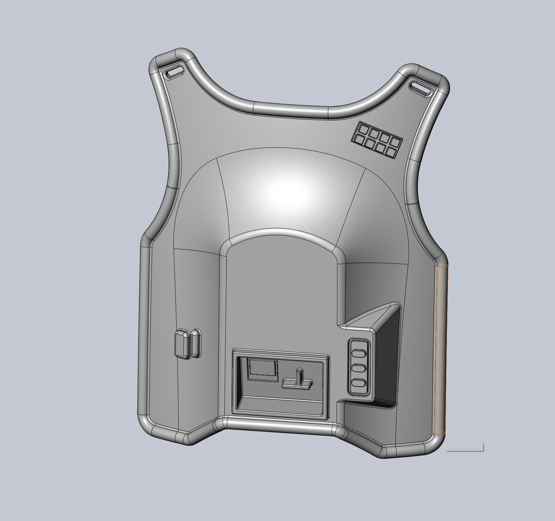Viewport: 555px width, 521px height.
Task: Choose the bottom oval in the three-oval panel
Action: click(358, 383)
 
